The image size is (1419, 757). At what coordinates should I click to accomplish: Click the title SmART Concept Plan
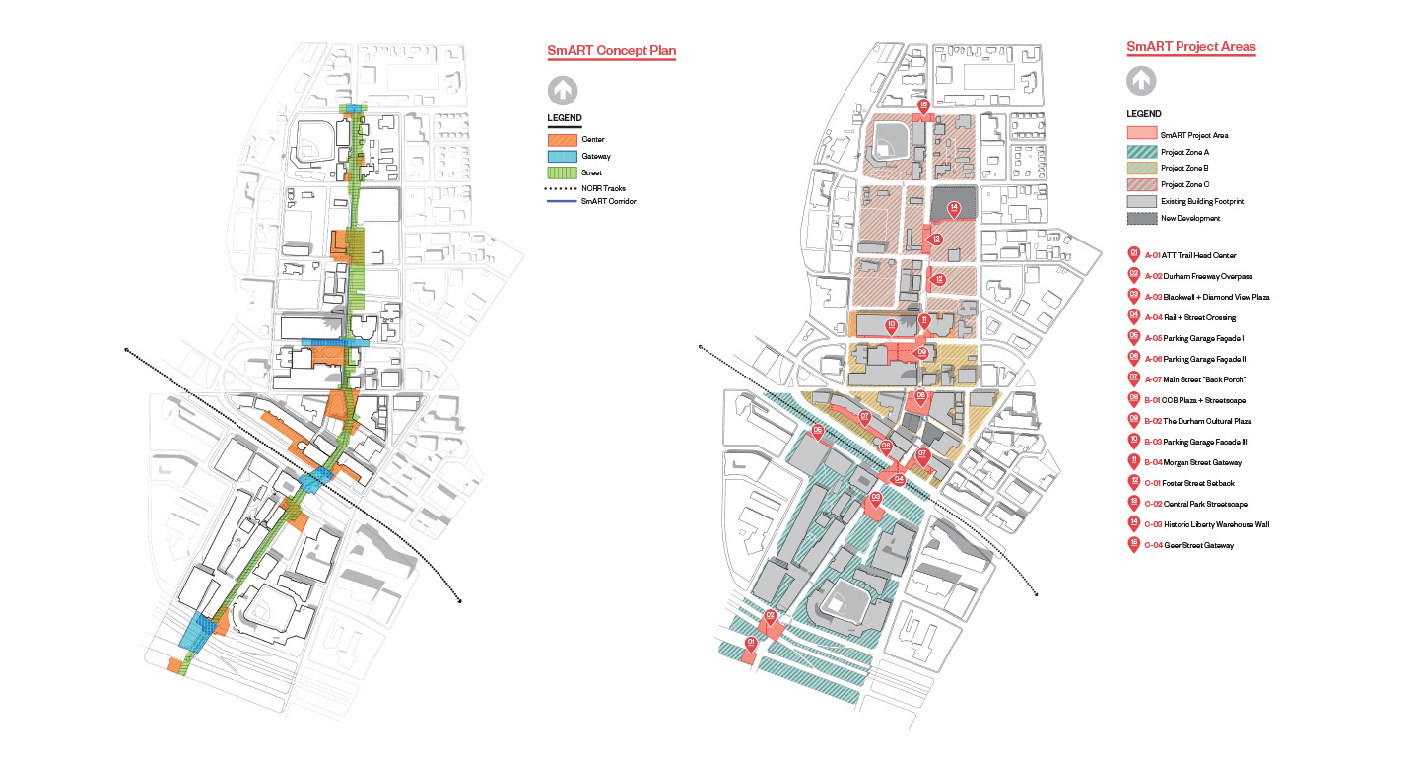[611, 51]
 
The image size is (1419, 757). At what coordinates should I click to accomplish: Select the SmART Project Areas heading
[1190, 46]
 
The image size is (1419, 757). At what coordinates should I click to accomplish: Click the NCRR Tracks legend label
[603, 188]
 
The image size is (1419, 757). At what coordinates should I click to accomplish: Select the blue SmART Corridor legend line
[562, 203]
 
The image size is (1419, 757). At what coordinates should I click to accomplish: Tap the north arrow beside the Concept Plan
[562, 91]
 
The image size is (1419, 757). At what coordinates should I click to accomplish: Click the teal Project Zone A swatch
[1141, 152]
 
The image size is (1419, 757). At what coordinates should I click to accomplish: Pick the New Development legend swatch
[1141, 218]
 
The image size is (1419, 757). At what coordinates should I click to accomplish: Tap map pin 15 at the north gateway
[923, 105]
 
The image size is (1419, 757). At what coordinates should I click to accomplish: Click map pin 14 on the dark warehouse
[954, 208]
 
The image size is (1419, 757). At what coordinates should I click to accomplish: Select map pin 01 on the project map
[751, 643]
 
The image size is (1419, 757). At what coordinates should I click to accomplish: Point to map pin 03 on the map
[875, 498]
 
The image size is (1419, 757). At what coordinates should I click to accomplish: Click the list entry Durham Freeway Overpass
[1195, 276]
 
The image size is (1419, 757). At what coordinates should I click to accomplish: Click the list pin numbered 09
[1134, 420]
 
